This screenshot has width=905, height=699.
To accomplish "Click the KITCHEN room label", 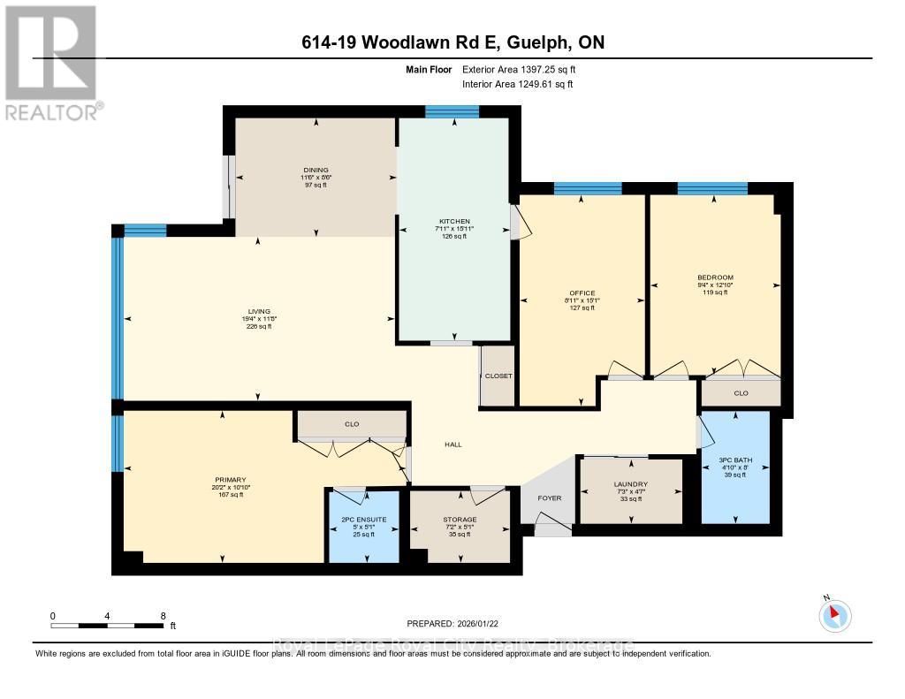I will coord(455,222).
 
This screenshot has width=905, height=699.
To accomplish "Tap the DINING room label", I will coord(315,170).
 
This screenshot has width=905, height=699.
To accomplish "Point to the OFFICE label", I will coord(582,293).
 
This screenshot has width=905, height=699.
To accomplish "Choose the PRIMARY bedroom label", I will coord(222,480).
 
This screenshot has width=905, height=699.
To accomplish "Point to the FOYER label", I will coord(550,498).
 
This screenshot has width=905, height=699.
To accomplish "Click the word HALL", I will coord(453,444).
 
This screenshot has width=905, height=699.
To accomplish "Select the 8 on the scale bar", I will coord(163,615).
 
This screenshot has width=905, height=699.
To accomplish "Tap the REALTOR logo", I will coord(51,62).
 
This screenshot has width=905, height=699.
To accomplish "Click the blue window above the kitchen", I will coord(452,111).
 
